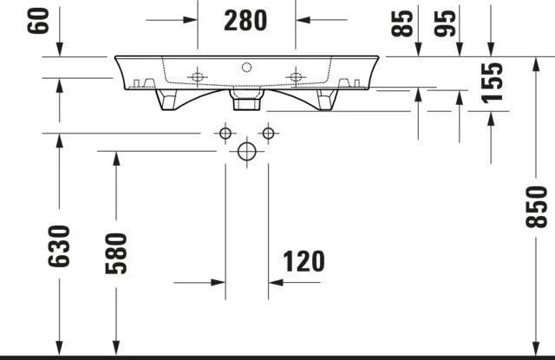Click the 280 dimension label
click(245, 21)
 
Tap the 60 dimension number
click(38, 21)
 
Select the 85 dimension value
click(402, 23)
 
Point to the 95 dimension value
click(445, 23)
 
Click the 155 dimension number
click(492, 83)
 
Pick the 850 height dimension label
click(536, 206)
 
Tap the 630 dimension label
click(59, 245)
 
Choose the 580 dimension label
click(116, 253)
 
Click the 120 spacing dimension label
click(304, 262)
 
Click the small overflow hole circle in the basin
click(246, 68)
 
